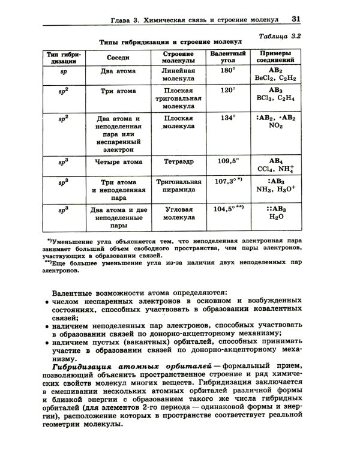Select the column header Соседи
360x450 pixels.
(x=118, y=58)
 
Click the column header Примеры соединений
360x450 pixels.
(x=275, y=58)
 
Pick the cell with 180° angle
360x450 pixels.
(x=226, y=71)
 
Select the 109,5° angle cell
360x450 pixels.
(x=228, y=161)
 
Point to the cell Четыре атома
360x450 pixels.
(x=118, y=161)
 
